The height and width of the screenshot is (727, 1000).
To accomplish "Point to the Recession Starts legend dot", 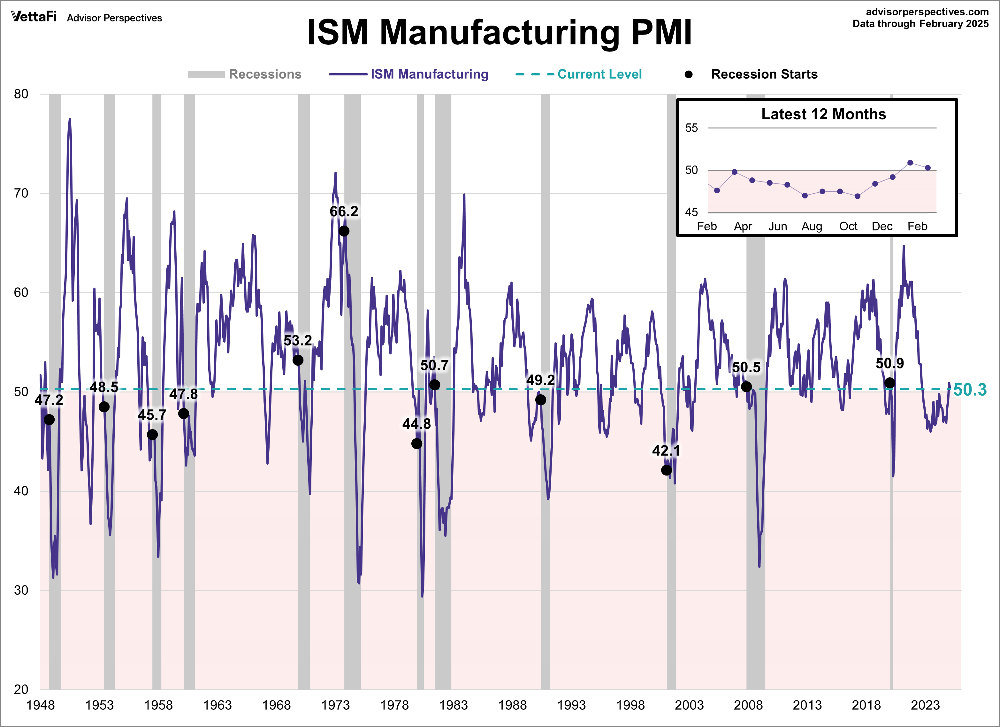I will pos(688,74).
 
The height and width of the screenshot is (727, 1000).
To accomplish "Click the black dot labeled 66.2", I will pos(344,231).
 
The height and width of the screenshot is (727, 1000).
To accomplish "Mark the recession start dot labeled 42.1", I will pos(666,470).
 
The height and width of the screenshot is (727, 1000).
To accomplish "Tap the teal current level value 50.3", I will pos(970,390).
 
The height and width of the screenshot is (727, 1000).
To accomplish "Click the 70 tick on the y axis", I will pos(21,193).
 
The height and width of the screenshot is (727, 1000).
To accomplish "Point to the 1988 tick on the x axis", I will pos(512,705).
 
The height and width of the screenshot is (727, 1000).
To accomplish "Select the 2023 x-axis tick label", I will pos(925,705).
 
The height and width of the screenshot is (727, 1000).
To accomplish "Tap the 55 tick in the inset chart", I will pos(691,128).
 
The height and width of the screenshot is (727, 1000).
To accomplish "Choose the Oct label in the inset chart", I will pos(848,226).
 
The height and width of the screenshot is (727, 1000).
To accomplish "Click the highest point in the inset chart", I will pos(910,163).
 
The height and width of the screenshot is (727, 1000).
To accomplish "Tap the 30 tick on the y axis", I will pos(21,590).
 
